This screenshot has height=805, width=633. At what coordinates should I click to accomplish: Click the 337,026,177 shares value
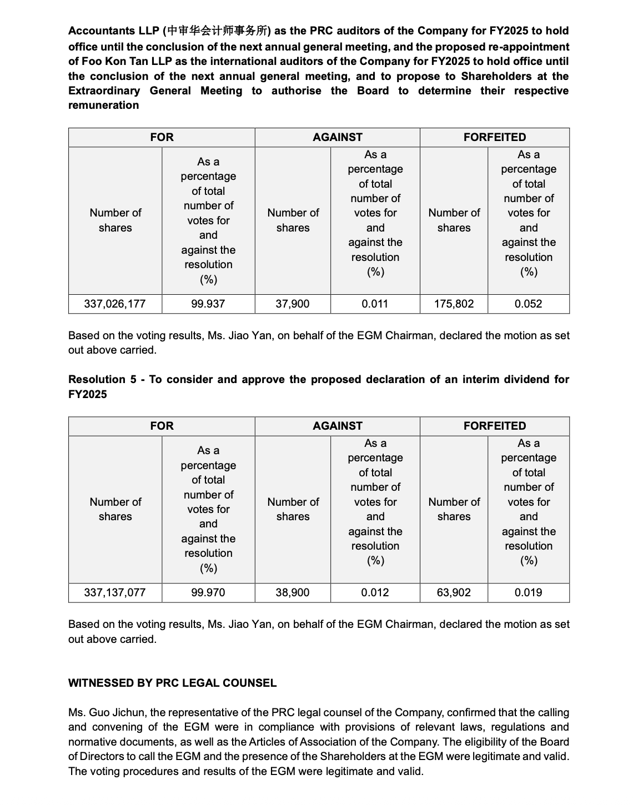coord(115,304)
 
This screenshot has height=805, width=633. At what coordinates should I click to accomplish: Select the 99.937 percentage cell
coord(208,304)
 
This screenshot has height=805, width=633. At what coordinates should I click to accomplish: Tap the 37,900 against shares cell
coord(293,304)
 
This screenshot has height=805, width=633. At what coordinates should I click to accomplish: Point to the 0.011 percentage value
coord(375,304)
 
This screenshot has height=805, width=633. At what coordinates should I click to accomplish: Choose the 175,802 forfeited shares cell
coord(454,304)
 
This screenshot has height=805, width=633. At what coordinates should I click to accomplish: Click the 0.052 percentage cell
coord(528,304)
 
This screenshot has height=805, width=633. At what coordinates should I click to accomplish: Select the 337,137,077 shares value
coord(115,592)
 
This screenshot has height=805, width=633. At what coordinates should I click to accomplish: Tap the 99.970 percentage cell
coord(208,592)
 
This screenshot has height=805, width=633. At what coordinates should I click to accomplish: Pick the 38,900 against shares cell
coord(293,592)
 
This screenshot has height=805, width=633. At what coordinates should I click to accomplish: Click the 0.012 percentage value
coord(375,592)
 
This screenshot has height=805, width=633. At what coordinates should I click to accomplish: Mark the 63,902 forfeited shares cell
coord(454,592)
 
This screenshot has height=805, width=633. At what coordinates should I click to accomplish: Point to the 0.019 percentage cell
coord(528,592)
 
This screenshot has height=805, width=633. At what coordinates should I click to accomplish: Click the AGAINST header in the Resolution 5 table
coord(337,426)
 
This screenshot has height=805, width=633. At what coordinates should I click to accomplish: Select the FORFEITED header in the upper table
coord(494,137)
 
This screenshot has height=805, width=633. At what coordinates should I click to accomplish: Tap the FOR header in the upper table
coord(162,137)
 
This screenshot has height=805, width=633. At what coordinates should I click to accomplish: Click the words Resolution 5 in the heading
coord(102,379)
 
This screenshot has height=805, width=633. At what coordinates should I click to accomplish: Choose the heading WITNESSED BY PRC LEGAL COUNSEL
coord(172,683)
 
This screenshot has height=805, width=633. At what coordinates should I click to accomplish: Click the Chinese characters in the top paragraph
coord(218,31)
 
